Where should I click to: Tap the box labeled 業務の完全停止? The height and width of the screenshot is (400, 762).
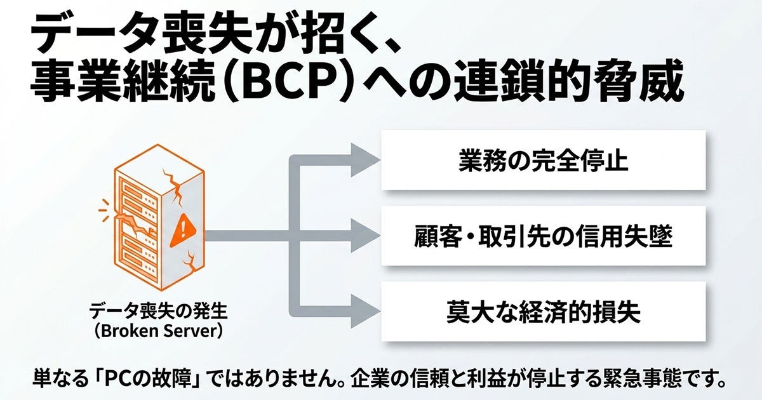click(544, 160)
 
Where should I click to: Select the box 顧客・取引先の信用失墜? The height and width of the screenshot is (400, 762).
click(544, 236)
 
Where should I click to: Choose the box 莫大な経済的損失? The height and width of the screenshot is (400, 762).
click(544, 311)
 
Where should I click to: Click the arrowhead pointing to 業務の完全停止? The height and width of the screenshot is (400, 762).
click(365, 160)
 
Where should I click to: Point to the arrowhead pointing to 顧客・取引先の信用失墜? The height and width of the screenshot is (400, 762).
click(365, 236)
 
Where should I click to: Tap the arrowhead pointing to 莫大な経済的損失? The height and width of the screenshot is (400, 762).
click(365, 311)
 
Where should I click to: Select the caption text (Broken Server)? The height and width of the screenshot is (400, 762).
click(158, 331)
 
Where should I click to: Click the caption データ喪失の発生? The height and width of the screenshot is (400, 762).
click(158, 311)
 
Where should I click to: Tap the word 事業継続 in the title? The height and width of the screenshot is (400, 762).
click(124, 83)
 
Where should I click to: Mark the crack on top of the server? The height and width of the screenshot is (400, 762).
click(174, 185)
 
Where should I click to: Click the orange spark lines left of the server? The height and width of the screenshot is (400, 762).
click(105, 210)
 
